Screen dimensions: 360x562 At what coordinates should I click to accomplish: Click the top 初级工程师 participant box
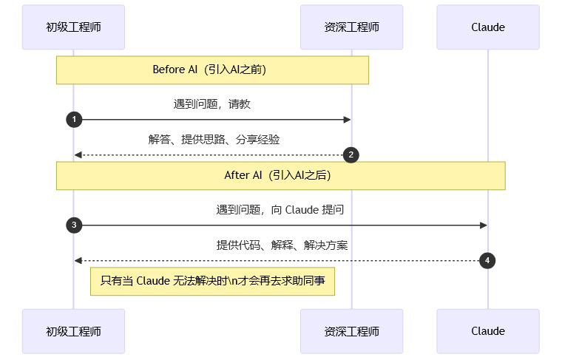(x=73, y=27)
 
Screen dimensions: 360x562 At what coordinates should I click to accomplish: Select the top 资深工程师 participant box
(x=351, y=27)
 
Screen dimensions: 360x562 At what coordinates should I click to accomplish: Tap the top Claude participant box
(x=488, y=27)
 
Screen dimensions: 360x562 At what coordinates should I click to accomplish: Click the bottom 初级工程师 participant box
(x=73, y=331)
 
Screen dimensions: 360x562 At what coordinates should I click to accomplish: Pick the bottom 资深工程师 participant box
(x=351, y=331)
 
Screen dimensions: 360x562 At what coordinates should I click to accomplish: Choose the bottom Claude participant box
(x=488, y=331)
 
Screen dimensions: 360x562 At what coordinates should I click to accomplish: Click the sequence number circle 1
(x=73, y=120)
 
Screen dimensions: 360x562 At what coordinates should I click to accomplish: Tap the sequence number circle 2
(x=351, y=154)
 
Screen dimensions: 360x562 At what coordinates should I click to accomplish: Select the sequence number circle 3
(x=73, y=225)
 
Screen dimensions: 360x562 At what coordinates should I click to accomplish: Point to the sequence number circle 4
(x=487, y=260)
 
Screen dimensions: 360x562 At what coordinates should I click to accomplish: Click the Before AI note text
(x=209, y=70)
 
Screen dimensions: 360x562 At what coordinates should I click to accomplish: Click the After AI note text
(x=277, y=176)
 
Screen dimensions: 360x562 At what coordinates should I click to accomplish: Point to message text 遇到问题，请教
(x=212, y=104)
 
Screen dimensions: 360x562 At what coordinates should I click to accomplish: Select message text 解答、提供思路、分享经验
(x=214, y=139)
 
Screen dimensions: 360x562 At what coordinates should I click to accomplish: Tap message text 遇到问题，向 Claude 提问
(x=280, y=210)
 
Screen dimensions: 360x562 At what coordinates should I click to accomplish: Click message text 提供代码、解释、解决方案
(x=282, y=245)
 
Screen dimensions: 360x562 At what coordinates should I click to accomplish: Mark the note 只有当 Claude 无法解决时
(x=212, y=282)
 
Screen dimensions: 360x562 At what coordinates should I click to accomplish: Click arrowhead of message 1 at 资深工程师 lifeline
(x=347, y=120)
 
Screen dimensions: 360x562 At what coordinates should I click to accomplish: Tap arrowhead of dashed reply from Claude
(x=78, y=260)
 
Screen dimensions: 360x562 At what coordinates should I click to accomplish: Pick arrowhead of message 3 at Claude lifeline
(x=484, y=225)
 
